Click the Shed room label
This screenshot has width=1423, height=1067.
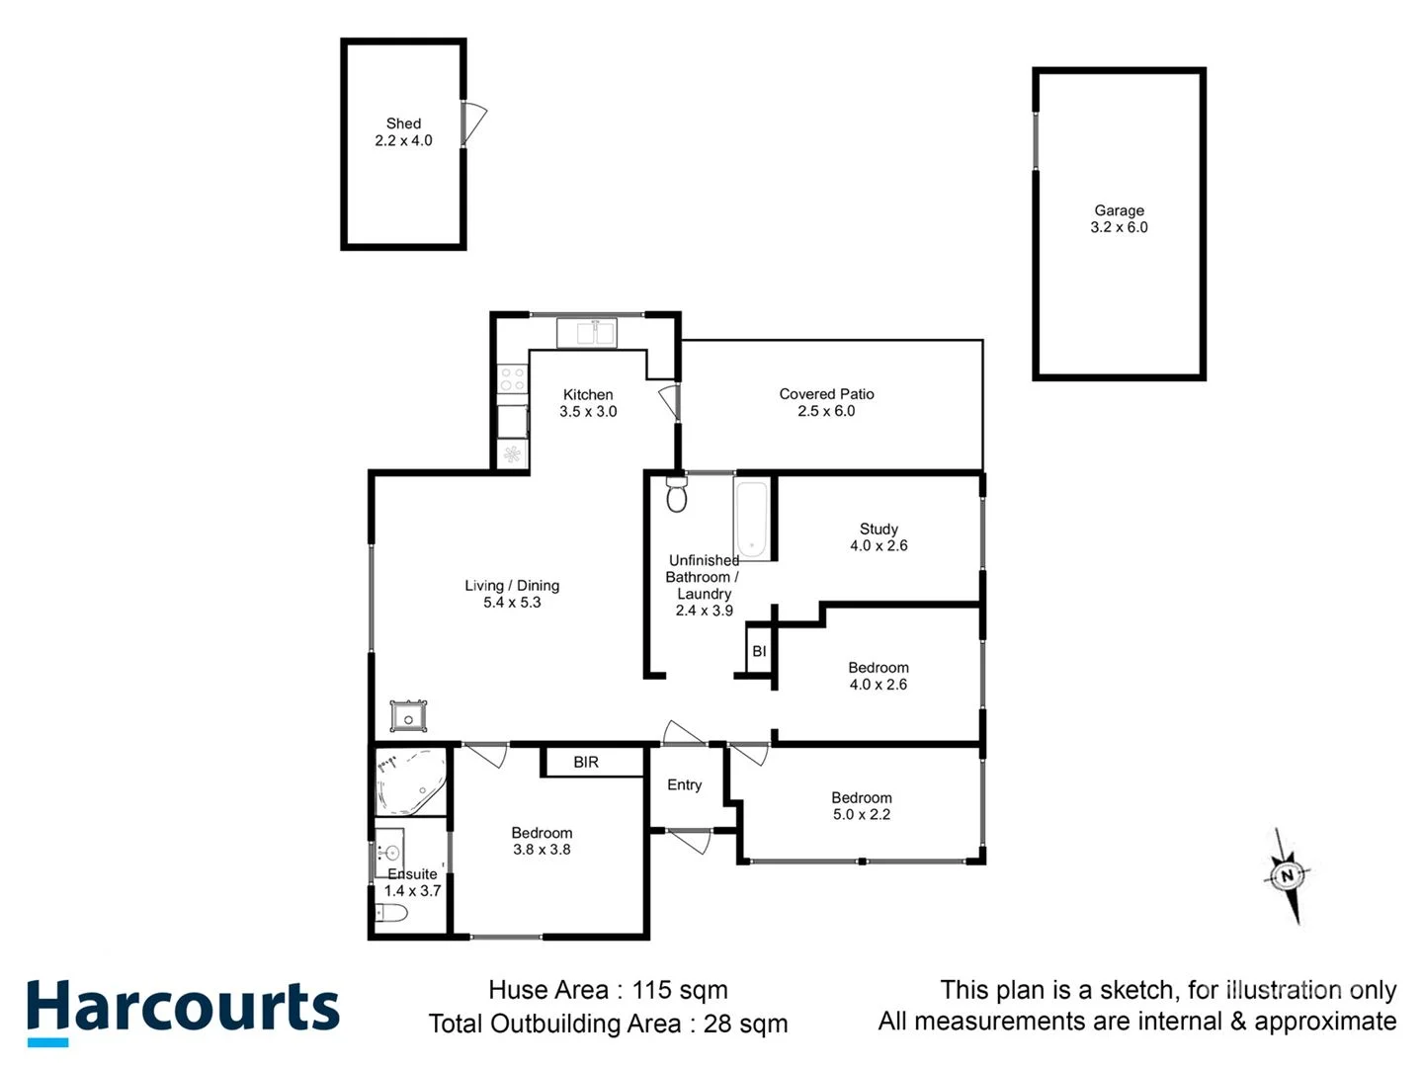[x=403, y=123]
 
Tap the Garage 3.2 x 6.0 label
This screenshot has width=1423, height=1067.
[x=1119, y=218]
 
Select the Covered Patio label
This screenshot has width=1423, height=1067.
[x=826, y=394]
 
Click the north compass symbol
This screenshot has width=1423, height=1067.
[x=1287, y=875]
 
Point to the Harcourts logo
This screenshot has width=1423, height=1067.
[x=183, y=1011]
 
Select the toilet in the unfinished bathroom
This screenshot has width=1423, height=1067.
[x=677, y=495]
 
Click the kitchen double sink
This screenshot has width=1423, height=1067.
[x=587, y=333]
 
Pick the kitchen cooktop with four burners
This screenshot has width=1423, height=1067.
[x=512, y=379]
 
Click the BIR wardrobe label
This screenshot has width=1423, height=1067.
[x=586, y=763]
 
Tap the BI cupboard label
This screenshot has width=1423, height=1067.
[x=759, y=651]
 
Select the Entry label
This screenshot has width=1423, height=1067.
[x=684, y=785]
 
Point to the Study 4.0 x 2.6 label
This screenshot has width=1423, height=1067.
[x=879, y=537]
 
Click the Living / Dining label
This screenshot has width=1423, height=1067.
[x=512, y=586]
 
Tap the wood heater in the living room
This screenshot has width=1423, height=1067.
[x=408, y=716]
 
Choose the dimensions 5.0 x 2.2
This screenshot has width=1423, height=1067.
[x=862, y=815]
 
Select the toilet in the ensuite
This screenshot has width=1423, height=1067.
[x=392, y=914]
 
